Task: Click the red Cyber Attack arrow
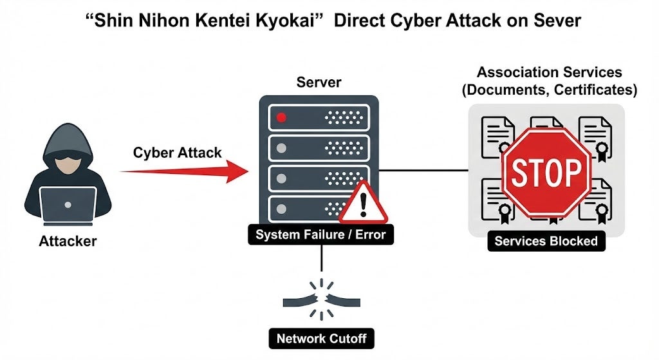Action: coord(187,171)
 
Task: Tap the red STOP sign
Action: coord(546,171)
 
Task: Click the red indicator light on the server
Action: coord(281,117)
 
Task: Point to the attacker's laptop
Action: coord(68,205)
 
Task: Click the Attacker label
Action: coord(68,242)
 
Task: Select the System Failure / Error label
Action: coord(320,234)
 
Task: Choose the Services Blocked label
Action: coord(546,242)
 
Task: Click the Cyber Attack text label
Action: coord(178,153)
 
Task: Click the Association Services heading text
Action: coord(549,72)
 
